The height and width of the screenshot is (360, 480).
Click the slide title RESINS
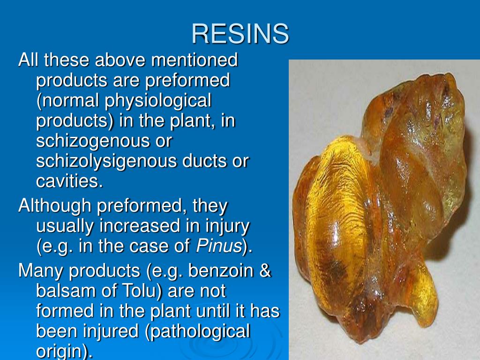240,34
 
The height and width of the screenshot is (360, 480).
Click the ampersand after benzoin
265,271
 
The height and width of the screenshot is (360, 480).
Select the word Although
52,206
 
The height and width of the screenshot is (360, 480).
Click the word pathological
198,331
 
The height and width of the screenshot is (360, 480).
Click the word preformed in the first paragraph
187,80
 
